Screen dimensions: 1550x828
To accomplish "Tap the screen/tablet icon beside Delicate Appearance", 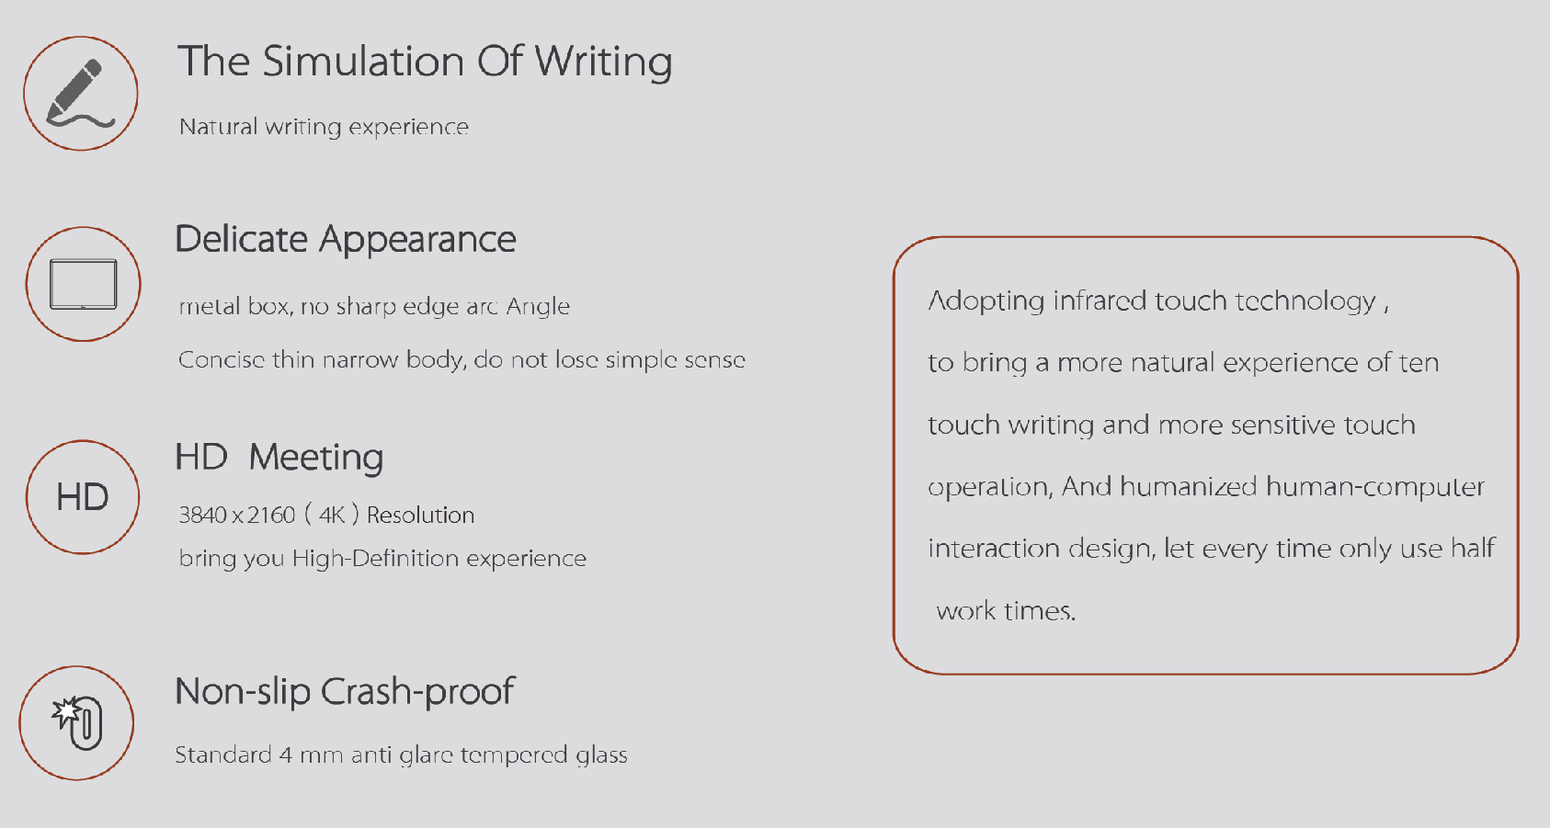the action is [x=83, y=284].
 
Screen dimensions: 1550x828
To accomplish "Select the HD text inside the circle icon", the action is [x=83, y=497].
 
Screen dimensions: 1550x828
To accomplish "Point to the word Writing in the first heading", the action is [x=603, y=62].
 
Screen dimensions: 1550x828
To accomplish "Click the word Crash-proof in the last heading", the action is [x=417, y=692].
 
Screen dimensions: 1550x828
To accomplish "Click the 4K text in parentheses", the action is [x=332, y=516].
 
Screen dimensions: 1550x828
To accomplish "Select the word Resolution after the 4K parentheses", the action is [x=421, y=516].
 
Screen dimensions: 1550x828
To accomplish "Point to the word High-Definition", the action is [x=375, y=558].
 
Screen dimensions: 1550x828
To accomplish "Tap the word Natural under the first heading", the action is [x=219, y=127].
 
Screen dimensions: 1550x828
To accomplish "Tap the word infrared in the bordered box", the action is [x=1100, y=301].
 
